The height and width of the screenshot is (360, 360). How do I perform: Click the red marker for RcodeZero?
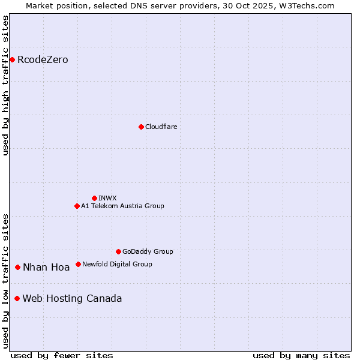click(x=12, y=59)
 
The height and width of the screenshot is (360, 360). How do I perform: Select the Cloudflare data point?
click(x=141, y=127)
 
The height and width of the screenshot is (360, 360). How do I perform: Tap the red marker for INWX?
click(x=94, y=198)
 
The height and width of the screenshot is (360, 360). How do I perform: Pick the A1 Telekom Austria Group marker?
click(x=77, y=206)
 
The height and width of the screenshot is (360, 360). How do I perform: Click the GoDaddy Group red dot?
click(x=118, y=251)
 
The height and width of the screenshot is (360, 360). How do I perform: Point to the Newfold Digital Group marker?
click(x=78, y=264)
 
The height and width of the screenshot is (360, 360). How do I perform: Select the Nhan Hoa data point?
click(x=18, y=267)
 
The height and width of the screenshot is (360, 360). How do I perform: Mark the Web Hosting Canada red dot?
click(x=17, y=298)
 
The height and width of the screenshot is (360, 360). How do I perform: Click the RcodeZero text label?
click(x=43, y=59)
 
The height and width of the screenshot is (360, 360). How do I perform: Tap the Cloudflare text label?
click(x=161, y=127)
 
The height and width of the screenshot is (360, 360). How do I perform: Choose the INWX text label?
click(x=107, y=198)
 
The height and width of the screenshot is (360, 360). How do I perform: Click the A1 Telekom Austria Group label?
click(x=122, y=206)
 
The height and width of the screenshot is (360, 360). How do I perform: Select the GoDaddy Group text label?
click(x=148, y=251)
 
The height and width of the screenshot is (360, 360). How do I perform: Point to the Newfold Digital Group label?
click(x=117, y=264)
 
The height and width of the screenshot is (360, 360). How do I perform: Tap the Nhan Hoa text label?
click(x=46, y=268)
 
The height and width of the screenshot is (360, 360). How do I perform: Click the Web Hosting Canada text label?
click(x=72, y=299)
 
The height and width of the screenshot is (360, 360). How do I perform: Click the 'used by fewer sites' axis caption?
click(x=62, y=355)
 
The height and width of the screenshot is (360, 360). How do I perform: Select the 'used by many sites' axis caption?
click(x=301, y=355)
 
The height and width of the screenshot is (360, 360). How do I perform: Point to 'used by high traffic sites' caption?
click(x=5, y=85)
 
